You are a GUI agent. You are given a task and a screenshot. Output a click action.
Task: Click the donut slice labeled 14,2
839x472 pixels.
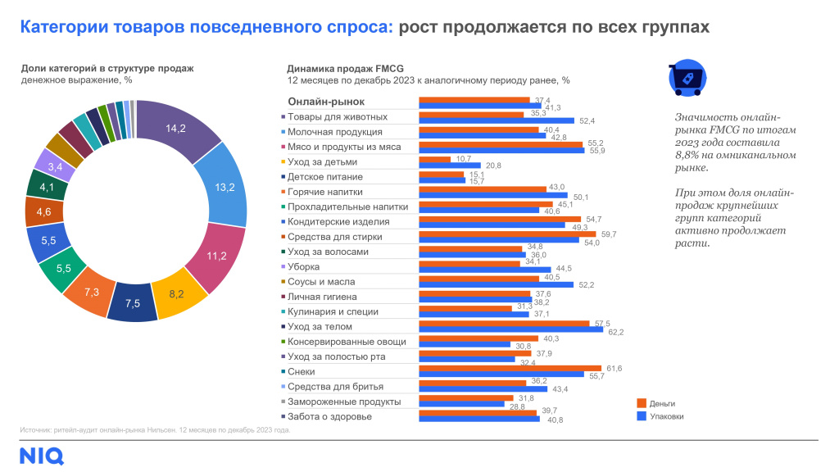(x=175, y=128)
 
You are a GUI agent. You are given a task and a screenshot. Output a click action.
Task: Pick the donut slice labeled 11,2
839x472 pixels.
(x=216, y=256)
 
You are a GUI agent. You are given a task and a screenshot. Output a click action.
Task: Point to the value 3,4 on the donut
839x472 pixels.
(x=56, y=167)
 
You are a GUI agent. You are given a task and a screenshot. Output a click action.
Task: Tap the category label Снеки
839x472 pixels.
(x=305, y=371)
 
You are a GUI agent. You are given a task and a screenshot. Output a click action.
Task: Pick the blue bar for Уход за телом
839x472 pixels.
(x=510, y=331)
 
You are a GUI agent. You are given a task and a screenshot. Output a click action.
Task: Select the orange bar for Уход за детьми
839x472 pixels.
(x=434, y=158)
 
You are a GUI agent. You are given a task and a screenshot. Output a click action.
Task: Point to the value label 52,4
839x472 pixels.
(x=587, y=121)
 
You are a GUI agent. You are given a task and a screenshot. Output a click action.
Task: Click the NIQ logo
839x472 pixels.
(x=42, y=456)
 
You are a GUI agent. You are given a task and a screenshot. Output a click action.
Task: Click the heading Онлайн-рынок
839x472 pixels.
(x=325, y=102)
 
